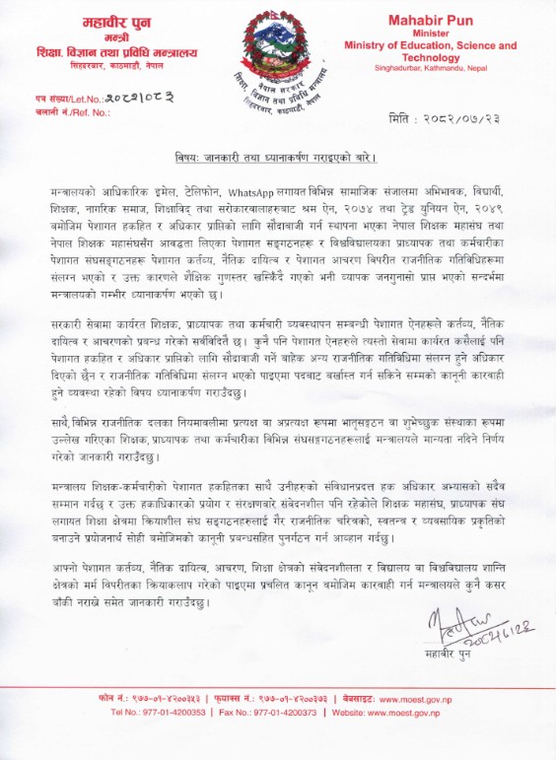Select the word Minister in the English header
tap(430, 33)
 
